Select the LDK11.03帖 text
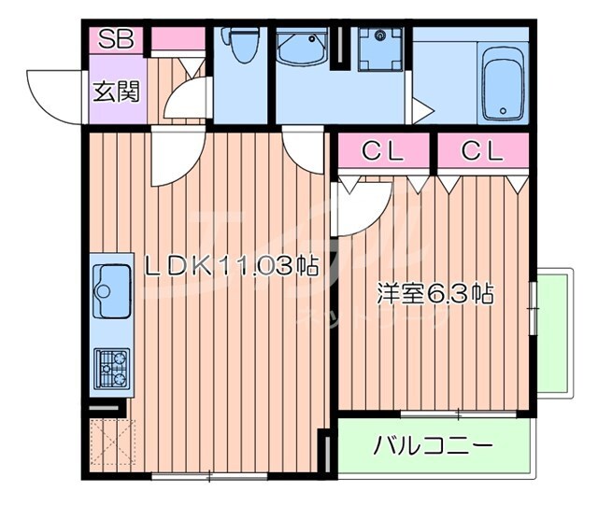[232, 267]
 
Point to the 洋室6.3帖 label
[434, 293]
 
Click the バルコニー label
[432, 445]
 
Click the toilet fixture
[242, 46]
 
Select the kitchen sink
[112, 290]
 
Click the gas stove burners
[112, 368]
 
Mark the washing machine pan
[380, 46]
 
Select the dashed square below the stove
[112, 443]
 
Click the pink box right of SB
[178, 39]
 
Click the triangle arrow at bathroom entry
[420, 112]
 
